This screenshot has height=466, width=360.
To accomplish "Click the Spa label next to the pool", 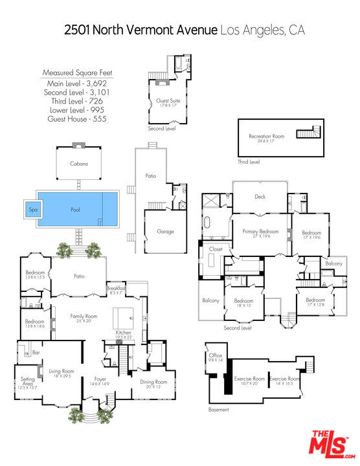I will point(33,210).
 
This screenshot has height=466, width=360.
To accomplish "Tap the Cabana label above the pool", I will point(80,164).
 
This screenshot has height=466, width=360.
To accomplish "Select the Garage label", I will point(166,231).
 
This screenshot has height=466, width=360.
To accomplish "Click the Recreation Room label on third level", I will point(267,137).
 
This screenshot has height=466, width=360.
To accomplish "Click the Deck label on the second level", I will point(260,196).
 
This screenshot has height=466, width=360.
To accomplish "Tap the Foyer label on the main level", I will point(100,379).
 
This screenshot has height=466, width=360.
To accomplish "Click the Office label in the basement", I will point(216,356).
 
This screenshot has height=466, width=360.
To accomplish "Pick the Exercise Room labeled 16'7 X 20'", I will point(250,379).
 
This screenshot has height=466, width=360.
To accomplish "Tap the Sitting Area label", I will point(27,381).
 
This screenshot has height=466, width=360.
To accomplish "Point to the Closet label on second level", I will point(216,248).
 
